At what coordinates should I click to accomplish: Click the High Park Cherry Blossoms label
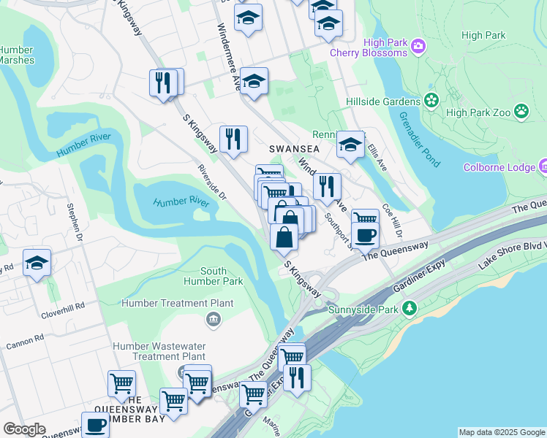pyautogui.click(x=368, y=47)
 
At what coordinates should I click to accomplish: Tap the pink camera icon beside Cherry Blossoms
pyautogui.click(x=418, y=47)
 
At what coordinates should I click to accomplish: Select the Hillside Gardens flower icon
pyautogui.click(x=431, y=99)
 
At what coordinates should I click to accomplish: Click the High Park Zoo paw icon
pyautogui.click(x=521, y=112)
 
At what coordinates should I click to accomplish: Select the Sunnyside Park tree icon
pyautogui.click(x=412, y=309)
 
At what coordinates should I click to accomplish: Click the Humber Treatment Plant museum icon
pyautogui.click(x=214, y=318)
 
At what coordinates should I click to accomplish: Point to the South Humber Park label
pyautogui.click(x=213, y=276)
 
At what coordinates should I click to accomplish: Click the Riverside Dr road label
pyautogui.click(x=212, y=183)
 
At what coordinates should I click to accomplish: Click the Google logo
pyautogui.click(x=23, y=429)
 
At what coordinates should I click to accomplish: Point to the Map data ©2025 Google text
pyautogui.click(x=502, y=432)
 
